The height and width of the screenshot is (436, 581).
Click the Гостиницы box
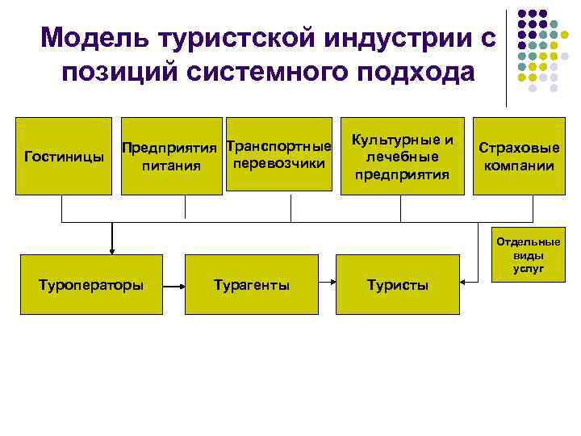pos(64,156)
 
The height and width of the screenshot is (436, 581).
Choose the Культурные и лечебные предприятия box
pos(401,156)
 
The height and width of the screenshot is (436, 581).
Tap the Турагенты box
pos(252,284)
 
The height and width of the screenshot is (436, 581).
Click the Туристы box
pos(397,284)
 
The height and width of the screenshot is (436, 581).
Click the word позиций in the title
pos(121,72)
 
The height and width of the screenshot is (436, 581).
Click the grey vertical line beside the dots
pos(507,57)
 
